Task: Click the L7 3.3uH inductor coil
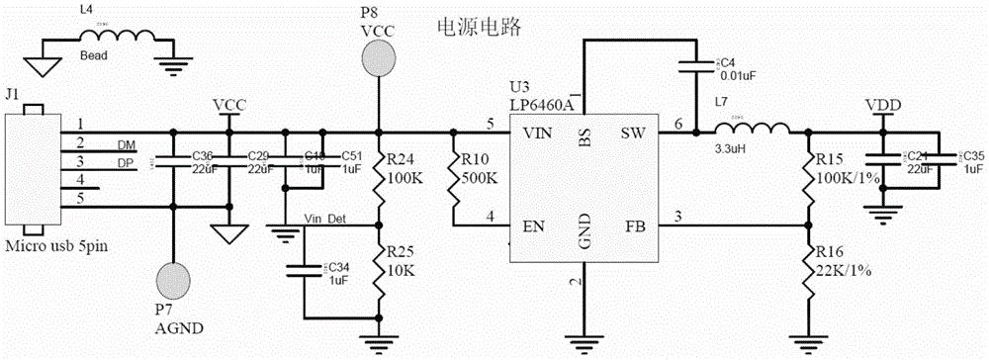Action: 759,129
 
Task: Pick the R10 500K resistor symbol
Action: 453,180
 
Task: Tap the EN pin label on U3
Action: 534,226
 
